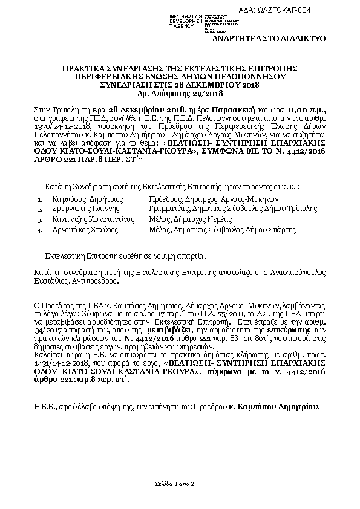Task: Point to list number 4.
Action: [x=39, y=230]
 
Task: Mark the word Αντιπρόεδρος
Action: [x=96, y=280]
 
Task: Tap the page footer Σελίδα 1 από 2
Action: [x=175, y=485]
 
